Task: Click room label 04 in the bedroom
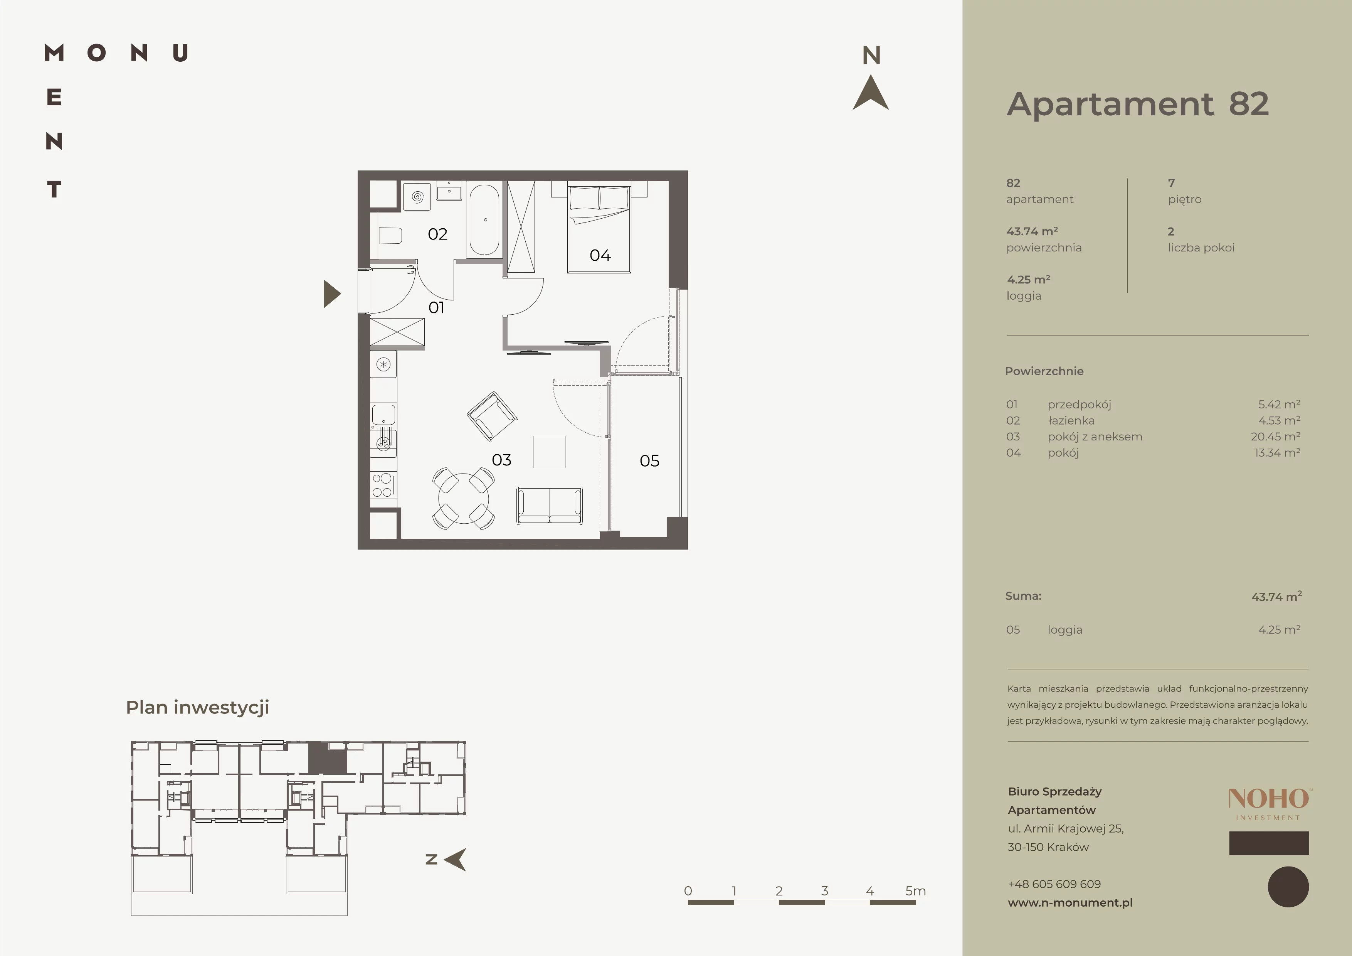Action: [x=600, y=255]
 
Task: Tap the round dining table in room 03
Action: [x=463, y=498]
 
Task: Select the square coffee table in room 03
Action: [x=549, y=452]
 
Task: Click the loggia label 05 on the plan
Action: [x=649, y=460]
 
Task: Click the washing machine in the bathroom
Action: [x=417, y=196]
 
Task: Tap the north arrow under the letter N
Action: [x=871, y=93]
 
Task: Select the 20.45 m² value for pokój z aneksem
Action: [x=1275, y=437]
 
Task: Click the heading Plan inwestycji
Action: [x=198, y=707]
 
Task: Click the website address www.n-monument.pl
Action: [x=1070, y=902]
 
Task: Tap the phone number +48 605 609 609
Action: [x=1054, y=883]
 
